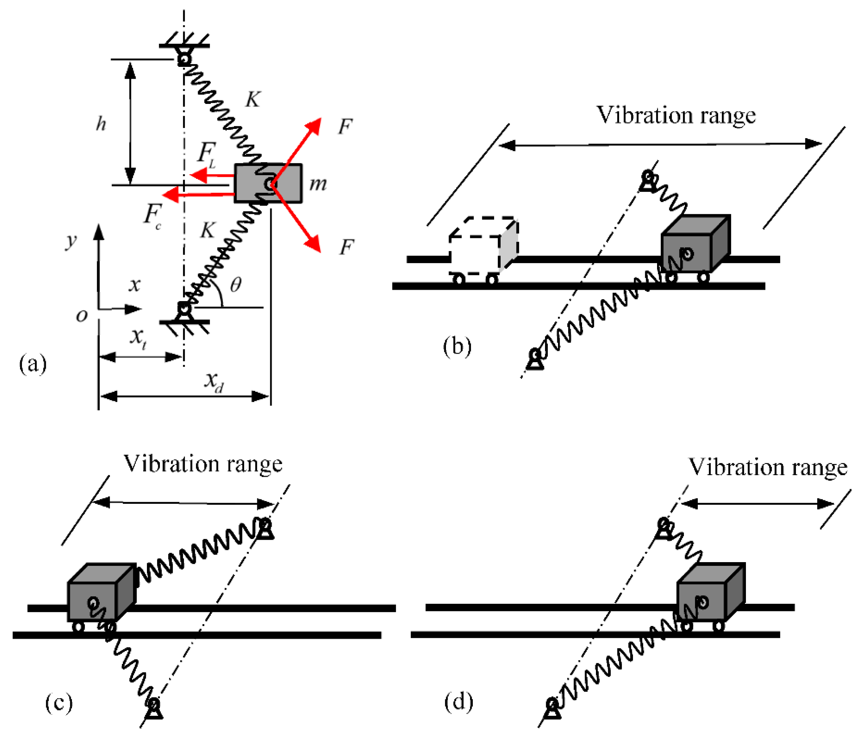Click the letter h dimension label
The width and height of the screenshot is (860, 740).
pos(101,124)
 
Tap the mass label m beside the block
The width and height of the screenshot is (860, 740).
pos(318,184)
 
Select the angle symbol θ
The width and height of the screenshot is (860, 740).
pos(236,285)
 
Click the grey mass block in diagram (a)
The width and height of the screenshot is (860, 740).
pos(268,183)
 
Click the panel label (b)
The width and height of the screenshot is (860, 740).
pos(457,346)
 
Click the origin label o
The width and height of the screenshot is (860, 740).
pos(82,315)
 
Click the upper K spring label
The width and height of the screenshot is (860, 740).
pos(253,99)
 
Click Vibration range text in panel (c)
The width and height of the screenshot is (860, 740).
pos(203,464)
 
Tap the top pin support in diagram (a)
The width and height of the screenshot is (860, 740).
pos(184,56)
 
